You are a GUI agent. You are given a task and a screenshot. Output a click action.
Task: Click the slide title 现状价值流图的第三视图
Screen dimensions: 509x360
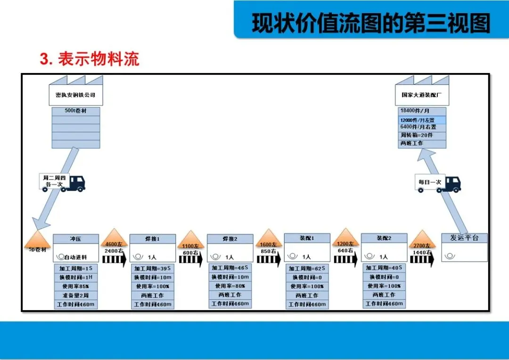point(371,23)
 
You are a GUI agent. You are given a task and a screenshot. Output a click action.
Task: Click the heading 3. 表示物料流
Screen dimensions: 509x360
point(90,59)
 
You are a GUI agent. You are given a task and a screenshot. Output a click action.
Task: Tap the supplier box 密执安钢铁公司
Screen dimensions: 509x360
point(75,95)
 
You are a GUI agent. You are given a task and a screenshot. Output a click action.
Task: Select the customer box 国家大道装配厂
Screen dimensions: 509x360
point(421,95)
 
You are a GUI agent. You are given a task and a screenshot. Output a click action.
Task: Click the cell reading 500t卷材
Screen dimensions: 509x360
point(75,111)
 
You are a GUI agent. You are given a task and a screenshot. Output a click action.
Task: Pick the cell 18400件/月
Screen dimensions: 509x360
point(422,111)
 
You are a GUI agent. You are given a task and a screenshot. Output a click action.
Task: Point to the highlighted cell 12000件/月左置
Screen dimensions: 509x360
point(422,120)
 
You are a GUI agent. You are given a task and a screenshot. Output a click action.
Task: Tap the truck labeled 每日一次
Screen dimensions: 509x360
point(438,182)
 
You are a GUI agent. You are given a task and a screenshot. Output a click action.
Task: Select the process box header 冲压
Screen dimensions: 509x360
point(76,239)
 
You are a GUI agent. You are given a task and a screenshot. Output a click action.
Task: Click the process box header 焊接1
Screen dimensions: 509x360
point(152,239)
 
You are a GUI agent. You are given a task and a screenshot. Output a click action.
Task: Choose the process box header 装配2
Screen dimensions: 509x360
point(384,238)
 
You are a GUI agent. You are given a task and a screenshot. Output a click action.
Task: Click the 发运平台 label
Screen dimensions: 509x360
point(464,238)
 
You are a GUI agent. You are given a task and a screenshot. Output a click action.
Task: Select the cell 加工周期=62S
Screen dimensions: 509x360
point(306,269)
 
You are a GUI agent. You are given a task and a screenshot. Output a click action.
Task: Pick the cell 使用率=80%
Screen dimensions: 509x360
point(230,286)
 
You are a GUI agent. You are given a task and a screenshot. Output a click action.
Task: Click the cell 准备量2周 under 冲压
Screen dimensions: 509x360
point(76,295)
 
